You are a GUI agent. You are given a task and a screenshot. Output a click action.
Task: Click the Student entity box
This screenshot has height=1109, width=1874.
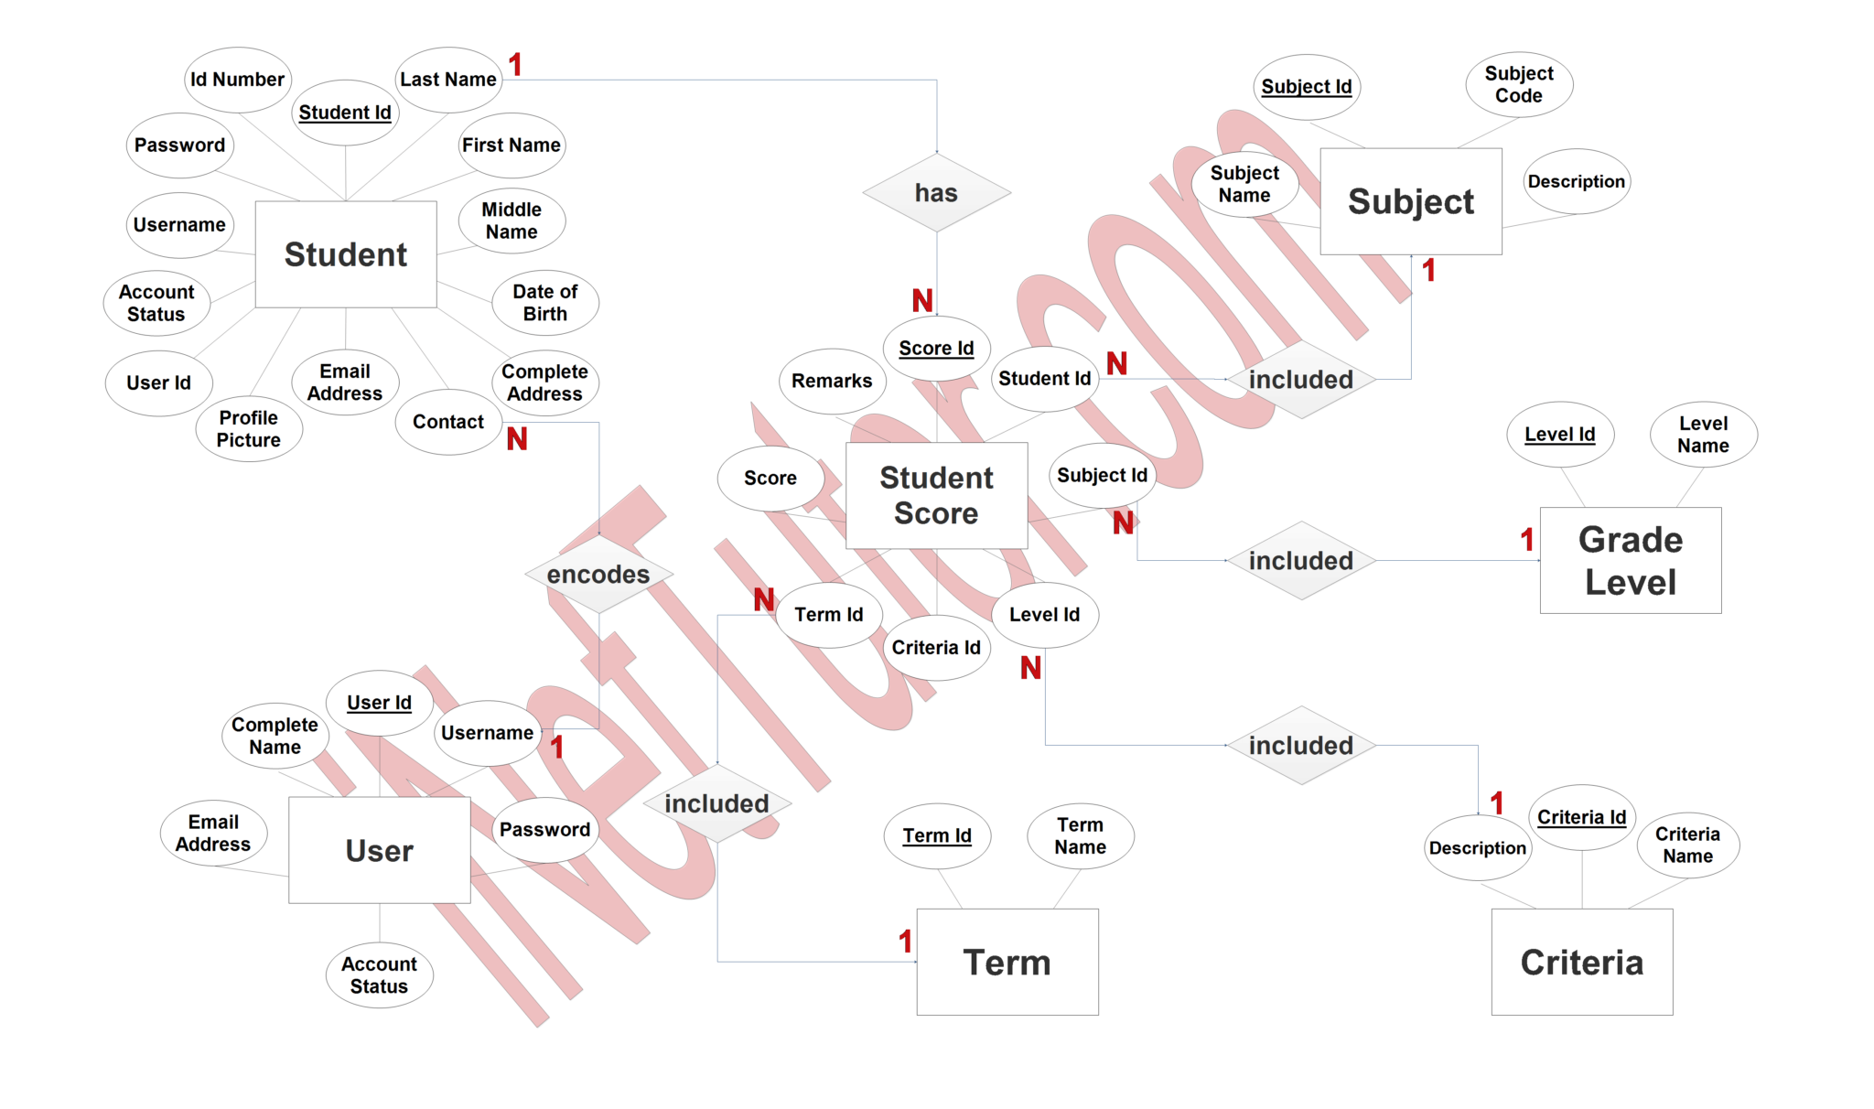coord(346,254)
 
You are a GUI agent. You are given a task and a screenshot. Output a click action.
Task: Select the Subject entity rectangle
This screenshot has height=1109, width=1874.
coord(1410,201)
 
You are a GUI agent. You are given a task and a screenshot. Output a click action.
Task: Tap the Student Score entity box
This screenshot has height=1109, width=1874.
coord(936,495)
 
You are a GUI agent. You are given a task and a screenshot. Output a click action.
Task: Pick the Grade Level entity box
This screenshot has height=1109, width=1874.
coord(1630,560)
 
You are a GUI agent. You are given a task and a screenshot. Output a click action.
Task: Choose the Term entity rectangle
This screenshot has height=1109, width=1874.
coord(1007,962)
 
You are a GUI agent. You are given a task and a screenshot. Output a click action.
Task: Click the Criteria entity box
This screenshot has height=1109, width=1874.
coord(1581,962)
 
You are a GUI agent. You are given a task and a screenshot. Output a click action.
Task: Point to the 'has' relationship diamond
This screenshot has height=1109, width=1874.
coord(936,193)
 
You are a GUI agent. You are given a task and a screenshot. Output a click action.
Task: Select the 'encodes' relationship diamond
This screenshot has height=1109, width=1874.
coord(598,574)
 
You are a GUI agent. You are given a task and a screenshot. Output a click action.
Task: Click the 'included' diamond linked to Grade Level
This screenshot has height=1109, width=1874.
coord(1300,560)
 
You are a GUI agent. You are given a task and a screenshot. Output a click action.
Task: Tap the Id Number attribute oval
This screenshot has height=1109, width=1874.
coord(237,80)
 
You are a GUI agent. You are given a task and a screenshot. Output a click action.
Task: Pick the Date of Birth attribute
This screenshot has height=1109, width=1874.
coord(544,302)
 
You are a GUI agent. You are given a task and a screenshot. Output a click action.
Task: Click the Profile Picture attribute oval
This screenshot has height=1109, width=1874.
coord(248,428)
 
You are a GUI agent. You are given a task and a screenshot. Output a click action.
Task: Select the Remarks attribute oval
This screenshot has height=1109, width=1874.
coord(832,381)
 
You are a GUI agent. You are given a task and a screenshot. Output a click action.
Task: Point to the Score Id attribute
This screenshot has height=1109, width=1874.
coord(936,348)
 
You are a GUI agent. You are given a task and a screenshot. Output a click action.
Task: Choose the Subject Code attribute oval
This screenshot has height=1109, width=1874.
coord(1519,84)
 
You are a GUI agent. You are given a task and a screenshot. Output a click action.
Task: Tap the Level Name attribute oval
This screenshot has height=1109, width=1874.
coord(1703,435)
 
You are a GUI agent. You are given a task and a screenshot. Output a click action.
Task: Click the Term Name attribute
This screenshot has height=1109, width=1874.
coord(1080,835)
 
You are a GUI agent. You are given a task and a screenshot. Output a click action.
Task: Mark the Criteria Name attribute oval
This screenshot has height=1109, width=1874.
coord(1687,845)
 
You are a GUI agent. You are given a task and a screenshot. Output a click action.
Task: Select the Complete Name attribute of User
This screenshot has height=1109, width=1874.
coord(275,735)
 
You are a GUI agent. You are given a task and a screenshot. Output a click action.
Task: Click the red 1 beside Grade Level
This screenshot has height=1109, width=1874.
coord(1527,540)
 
